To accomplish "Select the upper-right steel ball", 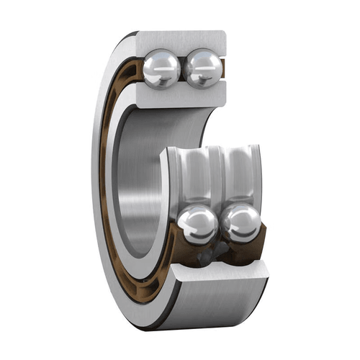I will (x=203, y=68).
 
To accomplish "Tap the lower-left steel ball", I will (x=197, y=224).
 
